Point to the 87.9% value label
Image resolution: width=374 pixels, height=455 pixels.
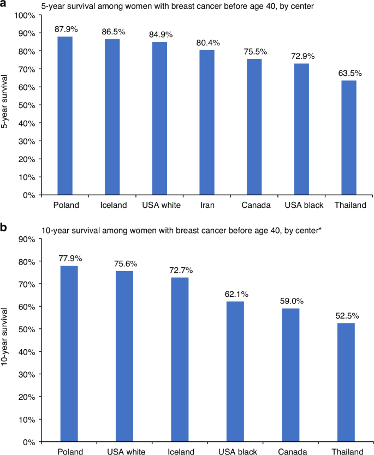coord(65,28)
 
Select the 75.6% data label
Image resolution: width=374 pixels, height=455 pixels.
coord(125,264)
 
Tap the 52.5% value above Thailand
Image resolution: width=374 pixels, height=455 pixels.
coord(348,315)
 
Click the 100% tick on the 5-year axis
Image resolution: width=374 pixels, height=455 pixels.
coord(25,15)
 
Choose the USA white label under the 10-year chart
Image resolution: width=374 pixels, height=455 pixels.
coord(125,451)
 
